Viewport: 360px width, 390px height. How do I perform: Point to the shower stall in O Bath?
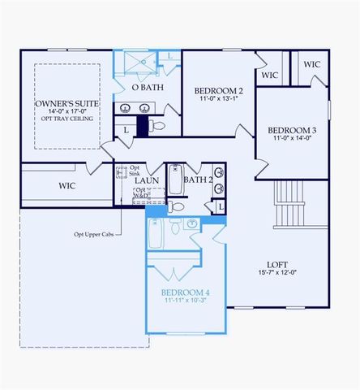[136, 63]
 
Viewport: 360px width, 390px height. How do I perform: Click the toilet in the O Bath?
[158, 127]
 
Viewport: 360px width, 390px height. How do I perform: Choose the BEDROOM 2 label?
[218, 90]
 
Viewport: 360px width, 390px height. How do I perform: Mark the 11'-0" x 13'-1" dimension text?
[218, 99]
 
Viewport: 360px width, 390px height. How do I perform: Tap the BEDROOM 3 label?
[292, 130]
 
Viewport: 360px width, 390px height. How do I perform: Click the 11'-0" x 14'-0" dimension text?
[292, 139]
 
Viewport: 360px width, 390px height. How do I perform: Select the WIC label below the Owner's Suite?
[66, 185]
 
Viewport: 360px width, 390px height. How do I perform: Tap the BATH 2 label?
[198, 180]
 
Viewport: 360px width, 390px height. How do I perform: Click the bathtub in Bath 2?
[175, 182]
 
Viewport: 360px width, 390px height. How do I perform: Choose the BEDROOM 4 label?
[186, 292]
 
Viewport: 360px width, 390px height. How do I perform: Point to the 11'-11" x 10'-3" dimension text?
[186, 301]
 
